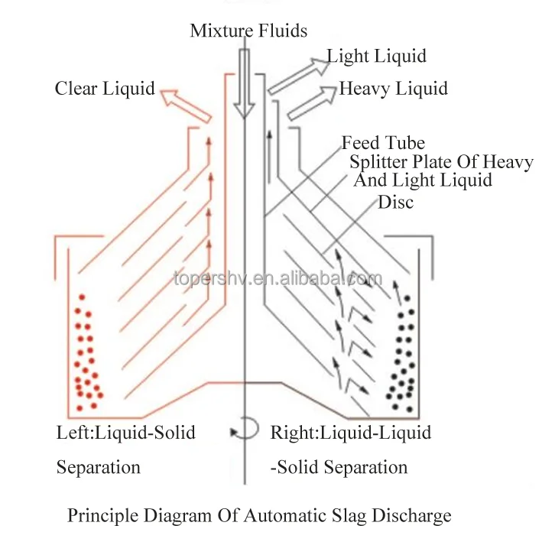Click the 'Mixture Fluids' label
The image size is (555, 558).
click(248, 31)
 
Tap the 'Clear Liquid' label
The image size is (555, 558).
click(105, 89)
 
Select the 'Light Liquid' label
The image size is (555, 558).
click(376, 56)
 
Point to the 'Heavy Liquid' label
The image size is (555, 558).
click(393, 89)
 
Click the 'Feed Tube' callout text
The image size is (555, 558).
click(383, 142)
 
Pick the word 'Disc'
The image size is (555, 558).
click(396, 203)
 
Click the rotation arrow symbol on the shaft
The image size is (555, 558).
click(245, 430)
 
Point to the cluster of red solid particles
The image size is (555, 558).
click(86, 351)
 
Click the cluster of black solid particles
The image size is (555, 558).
click(402, 352)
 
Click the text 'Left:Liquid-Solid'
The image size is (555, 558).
click(126, 433)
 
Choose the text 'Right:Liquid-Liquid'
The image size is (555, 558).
click(351, 433)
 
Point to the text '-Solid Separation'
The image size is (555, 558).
click(339, 467)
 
